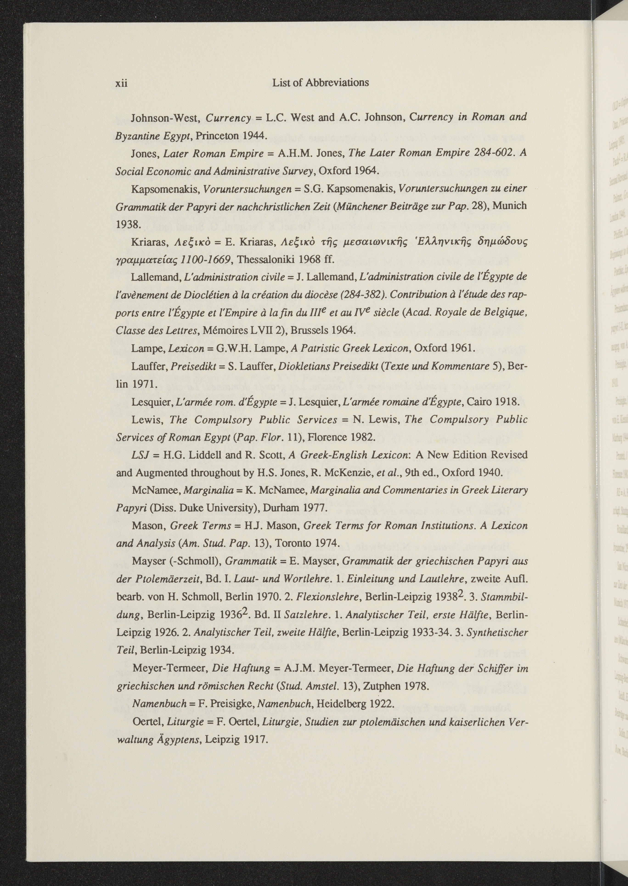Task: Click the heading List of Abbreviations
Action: click(321, 83)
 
